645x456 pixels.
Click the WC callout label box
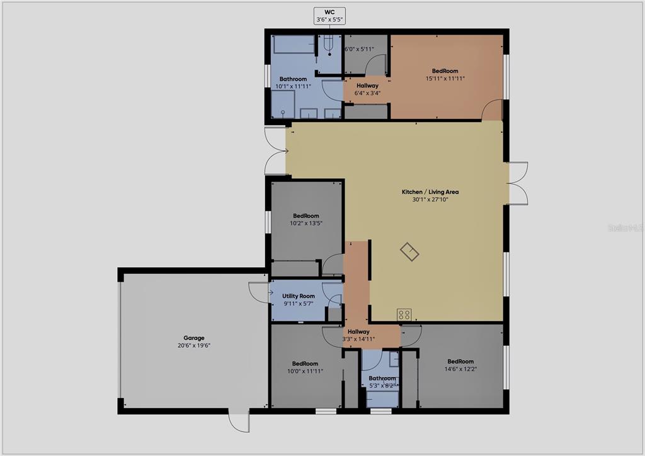(x=329, y=16)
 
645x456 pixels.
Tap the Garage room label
(x=194, y=338)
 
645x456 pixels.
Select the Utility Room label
(x=298, y=296)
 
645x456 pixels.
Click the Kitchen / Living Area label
(x=430, y=192)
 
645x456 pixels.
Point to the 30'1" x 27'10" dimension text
(x=430, y=200)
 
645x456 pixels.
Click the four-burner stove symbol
(x=404, y=314)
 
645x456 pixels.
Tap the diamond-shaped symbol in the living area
(x=409, y=252)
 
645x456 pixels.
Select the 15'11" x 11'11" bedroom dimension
(x=445, y=79)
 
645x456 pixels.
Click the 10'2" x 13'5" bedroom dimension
(x=306, y=223)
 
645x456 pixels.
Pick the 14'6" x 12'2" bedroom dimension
(x=460, y=369)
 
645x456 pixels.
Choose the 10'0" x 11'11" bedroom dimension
(x=305, y=372)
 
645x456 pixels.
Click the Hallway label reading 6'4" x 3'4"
(x=367, y=89)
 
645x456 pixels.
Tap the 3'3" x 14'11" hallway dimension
(x=358, y=339)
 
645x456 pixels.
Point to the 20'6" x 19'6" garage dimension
(x=194, y=346)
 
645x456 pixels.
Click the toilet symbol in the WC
(x=329, y=45)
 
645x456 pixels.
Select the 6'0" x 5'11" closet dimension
(x=359, y=49)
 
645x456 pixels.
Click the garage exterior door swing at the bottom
(x=239, y=420)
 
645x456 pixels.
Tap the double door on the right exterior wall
(x=518, y=183)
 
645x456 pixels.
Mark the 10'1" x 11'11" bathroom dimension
(x=294, y=86)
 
